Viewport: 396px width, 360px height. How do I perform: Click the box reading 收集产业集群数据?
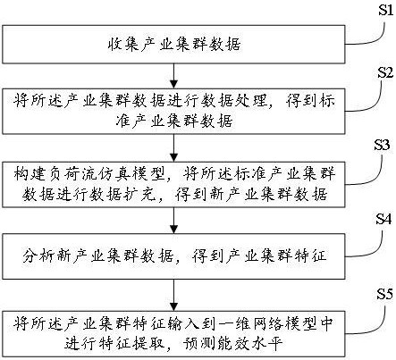(170, 42)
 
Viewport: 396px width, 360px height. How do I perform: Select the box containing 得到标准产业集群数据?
(170, 108)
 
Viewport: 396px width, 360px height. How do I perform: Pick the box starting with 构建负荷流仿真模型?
(170, 182)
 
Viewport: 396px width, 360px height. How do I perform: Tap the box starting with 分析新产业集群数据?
(170, 255)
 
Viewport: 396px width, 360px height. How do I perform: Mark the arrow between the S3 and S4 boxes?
(172, 220)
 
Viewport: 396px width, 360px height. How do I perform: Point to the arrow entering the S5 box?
(172, 292)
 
